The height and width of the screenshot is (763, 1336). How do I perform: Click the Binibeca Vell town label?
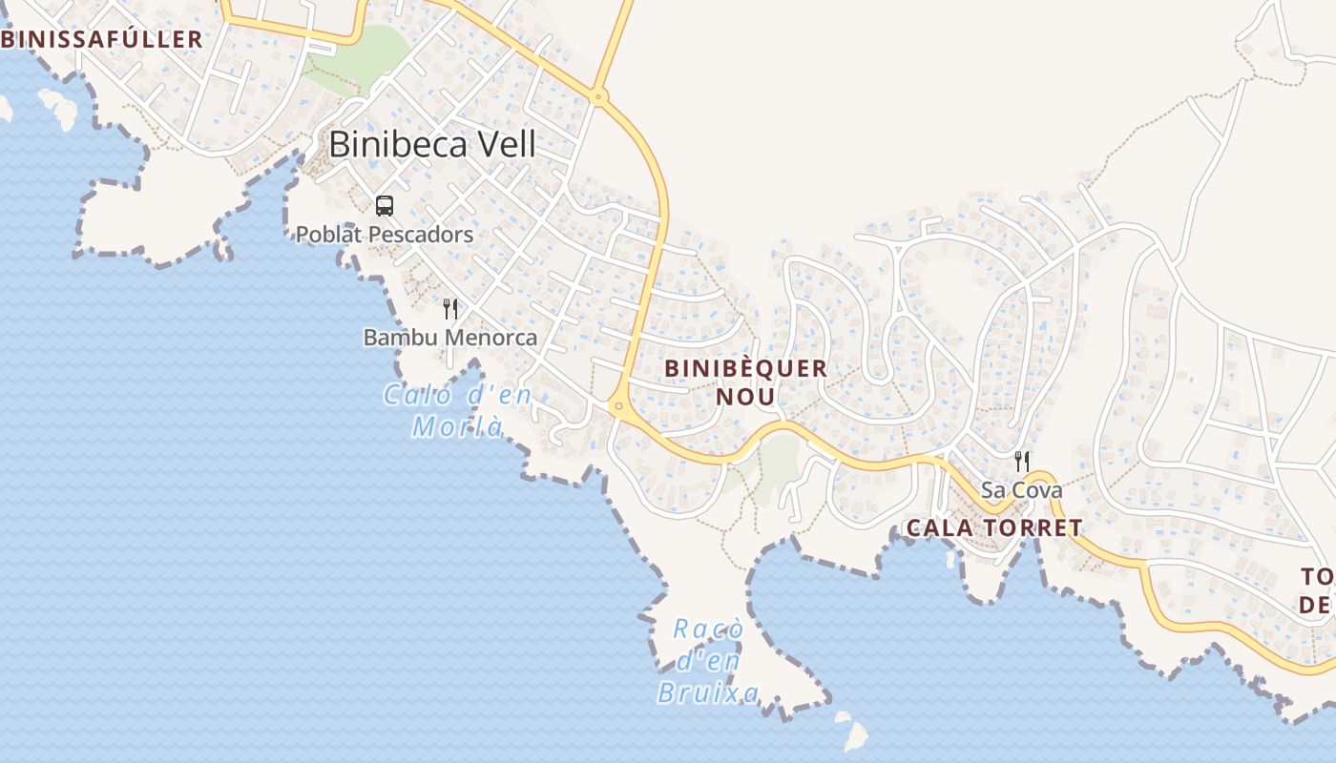(432, 144)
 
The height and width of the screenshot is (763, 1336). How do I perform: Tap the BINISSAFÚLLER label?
(101, 39)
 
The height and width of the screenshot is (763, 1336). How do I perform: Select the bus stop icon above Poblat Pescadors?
(385, 205)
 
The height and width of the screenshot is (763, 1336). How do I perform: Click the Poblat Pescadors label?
(385, 234)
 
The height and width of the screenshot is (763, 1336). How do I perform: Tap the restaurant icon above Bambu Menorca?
(450, 308)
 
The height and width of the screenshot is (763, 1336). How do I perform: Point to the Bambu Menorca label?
(450, 338)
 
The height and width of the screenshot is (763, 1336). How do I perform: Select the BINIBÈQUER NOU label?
(745, 381)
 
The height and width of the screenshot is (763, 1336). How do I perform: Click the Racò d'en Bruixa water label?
(709, 660)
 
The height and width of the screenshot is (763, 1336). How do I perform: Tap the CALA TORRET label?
(994, 527)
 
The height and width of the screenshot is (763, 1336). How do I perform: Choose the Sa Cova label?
(1022, 490)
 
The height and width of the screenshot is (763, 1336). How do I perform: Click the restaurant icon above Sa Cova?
(1022, 462)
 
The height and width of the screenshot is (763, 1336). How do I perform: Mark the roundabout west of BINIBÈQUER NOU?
(619, 407)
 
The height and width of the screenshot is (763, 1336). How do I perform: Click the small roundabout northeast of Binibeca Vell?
(598, 95)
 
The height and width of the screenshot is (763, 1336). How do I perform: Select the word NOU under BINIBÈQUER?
(745, 396)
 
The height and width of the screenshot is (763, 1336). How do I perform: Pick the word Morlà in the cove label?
(457, 425)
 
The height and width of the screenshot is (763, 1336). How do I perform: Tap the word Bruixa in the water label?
(709, 692)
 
